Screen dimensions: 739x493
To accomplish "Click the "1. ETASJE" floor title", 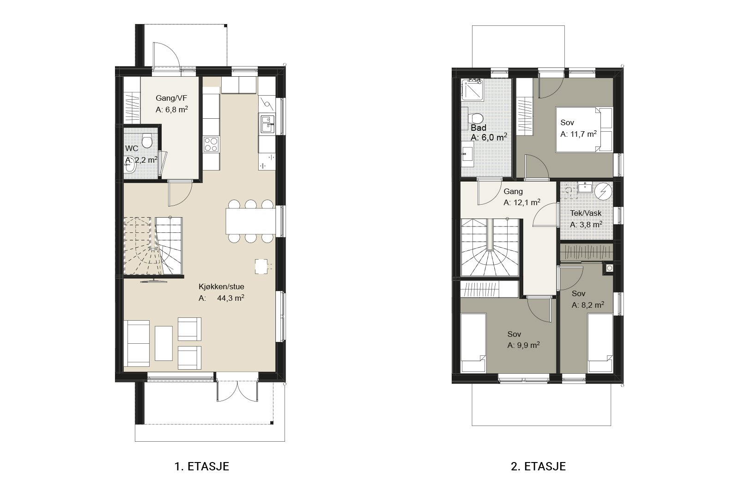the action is point(201,466).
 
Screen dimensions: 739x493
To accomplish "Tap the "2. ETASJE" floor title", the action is point(538,466).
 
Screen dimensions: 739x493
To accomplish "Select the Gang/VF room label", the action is point(171,98).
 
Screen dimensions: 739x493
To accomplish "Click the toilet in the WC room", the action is point(147,140).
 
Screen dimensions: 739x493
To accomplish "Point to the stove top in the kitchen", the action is point(211,144).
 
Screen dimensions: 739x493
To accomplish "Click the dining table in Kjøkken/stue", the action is point(250,221).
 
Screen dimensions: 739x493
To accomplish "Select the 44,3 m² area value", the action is point(230,298).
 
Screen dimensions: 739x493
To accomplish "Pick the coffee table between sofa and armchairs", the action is point(164,343).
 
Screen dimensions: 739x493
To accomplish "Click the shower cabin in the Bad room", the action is point(472,90).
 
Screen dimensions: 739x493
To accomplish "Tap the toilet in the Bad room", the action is point(475,118).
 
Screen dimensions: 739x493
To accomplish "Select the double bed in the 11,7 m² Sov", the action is point(584,129).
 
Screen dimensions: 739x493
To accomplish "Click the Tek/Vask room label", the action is point(586,213).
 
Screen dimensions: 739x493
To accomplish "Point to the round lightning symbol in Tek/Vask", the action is point(603,191).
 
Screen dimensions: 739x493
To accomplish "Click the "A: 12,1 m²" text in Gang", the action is point(522,202).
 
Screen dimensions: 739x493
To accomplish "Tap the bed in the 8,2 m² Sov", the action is point(600,343).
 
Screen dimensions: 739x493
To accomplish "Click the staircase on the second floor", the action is point(490,247).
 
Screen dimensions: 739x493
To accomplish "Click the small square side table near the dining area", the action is point(261,266).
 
